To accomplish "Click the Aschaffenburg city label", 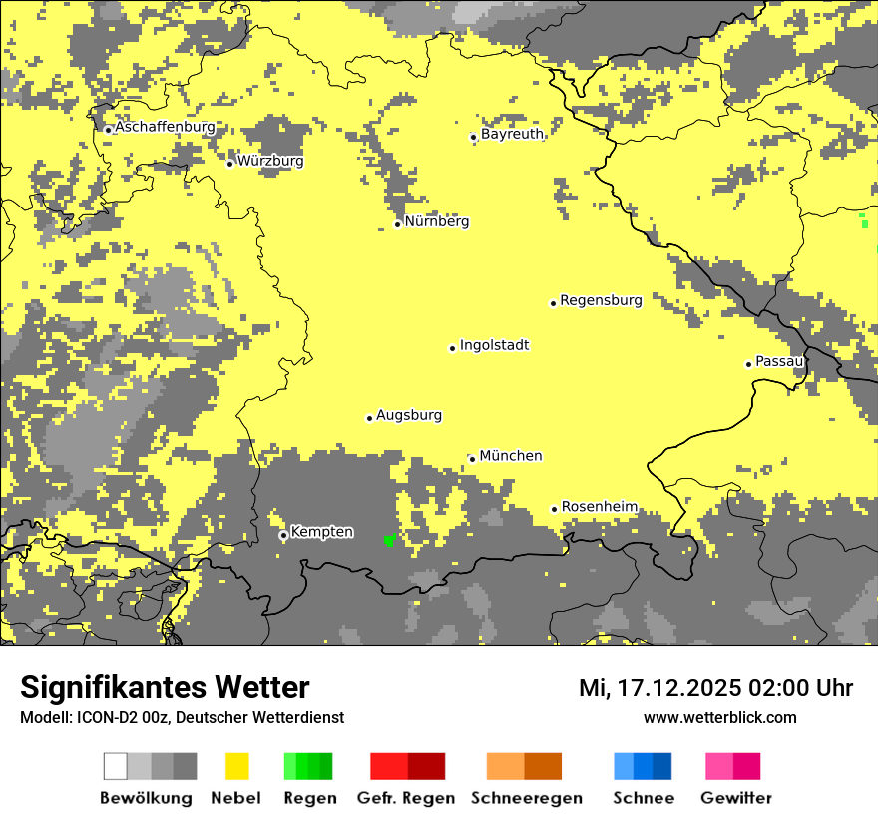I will (x=165, y=128).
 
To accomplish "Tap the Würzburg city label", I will (x=270, y=161).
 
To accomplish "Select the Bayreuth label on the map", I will (x=512, y=134).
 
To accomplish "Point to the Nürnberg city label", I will (x=436, y=221).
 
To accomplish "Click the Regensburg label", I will (x=601, y=299).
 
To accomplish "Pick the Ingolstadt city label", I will (x=494, y=345).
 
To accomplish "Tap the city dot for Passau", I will (x=748, y=364).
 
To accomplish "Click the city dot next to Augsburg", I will (x=369, y=418).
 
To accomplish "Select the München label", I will (x=510, y=456).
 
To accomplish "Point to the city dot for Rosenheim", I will (x=555, y=509).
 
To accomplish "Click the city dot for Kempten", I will (x=283, y=536).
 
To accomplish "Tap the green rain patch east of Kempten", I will (x=390, y=540).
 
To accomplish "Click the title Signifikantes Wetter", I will (x=165, y=687).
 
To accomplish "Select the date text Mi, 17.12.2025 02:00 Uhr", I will (x=715, y=688).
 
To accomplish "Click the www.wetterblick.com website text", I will (x=719, y=717).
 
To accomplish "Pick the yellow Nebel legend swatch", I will (x=236, y=766).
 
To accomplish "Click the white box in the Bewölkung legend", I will (x=115, y=766).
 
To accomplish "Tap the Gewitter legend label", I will (x=735, y=798).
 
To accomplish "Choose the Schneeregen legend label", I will (x=526, y=798).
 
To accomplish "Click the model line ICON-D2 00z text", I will (x=182, y=717).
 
